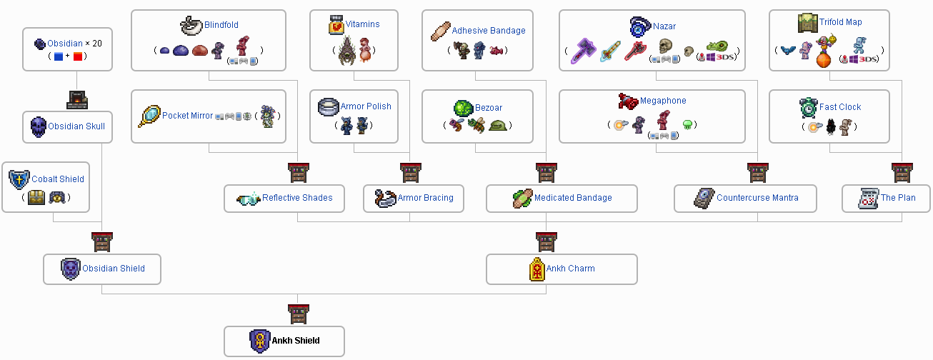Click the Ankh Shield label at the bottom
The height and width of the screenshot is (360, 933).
[x=295, y=341]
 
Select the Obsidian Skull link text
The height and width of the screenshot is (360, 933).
[x=76, y=126]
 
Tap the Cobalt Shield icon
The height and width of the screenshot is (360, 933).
[x=19, y=179]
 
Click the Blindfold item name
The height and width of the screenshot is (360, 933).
[x=221, y=25]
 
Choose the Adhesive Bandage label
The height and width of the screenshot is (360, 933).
[x=488, y=31]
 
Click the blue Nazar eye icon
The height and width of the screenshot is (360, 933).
[x=639, y=26]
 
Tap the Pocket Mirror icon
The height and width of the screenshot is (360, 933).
[x=149, y=116]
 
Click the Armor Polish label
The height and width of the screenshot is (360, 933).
[x=366, y=106]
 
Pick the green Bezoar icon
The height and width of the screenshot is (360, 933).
[x=463, y=108]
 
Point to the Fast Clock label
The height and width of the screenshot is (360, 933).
[x=840, y=107]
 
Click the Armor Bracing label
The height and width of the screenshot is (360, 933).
[x=425, y=198]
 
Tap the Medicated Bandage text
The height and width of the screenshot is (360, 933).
[x=573, y=198]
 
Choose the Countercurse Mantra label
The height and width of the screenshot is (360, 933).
[x=757, y=198]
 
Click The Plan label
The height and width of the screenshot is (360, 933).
[x=898, y=198]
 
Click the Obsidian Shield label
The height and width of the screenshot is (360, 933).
[x=114, y=269]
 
